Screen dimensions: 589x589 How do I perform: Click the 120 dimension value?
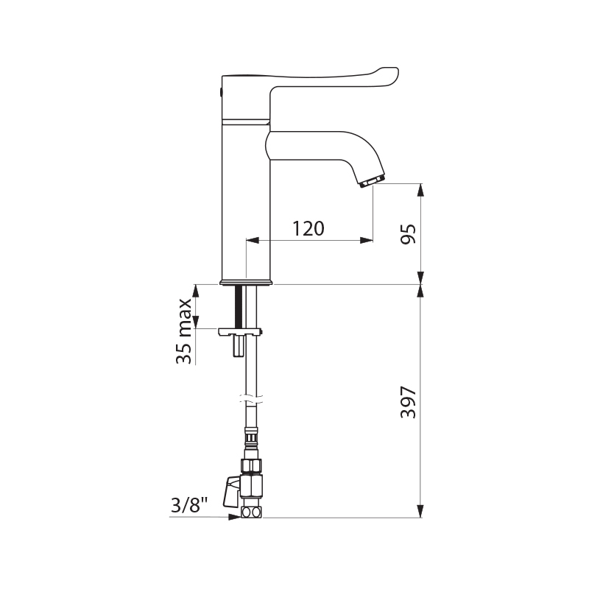[x=308, y=229]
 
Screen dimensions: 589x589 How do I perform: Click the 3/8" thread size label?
[x=189, y=505]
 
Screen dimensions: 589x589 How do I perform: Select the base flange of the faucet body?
[x=246, y=282]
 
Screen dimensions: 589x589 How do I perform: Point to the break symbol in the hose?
[x=251, y=401]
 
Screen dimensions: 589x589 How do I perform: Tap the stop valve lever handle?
[x=233, y=491]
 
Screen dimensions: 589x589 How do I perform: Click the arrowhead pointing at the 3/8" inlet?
[x=235, y=517]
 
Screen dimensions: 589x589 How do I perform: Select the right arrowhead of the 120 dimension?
[x=365, y=240]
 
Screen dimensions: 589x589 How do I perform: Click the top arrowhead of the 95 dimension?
[x=420, y=191]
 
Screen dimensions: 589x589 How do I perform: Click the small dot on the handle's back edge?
[x=222, y=92]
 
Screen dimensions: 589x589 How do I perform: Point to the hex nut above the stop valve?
[x=251, y=465]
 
